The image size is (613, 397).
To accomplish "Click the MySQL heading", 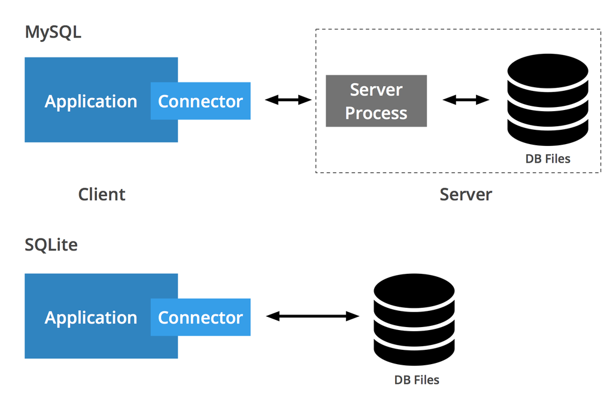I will [x=53, y=32].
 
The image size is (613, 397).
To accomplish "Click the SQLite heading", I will [x=51, y=245].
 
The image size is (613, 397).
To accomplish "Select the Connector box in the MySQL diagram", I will [x=201, y=101].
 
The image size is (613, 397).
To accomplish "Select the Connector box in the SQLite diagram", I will [x=201, y=317].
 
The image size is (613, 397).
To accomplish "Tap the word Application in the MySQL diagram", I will [x=90, y=102].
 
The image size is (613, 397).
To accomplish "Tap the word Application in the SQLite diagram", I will [x=90, y=317].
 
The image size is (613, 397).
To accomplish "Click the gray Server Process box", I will [x=376, y=101].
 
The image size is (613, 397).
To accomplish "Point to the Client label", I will [x=102, y=194].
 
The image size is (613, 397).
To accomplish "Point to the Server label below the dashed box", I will [x=466, y=194].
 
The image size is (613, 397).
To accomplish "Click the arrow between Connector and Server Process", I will [x=288, y=100].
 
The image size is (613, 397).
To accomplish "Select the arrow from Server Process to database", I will [x=466, y=100].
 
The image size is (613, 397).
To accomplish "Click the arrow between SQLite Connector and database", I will [x=312, y=316].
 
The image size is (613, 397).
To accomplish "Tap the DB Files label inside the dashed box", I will [x=548, y=159].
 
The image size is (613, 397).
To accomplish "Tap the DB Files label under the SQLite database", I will [x=417, y=380].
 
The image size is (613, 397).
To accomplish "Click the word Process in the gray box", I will [x=376, y=113].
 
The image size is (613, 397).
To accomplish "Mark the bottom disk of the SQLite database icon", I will [x=414, y=354].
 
